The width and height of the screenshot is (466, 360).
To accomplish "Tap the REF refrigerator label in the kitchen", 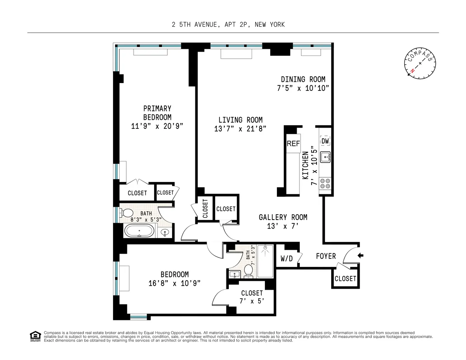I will [x=293, y=144].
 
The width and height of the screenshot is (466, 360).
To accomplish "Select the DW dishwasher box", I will [x=325, y=141].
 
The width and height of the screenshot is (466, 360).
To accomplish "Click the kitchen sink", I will [x=325, y=157].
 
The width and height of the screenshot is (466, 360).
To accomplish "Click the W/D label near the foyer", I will [x=287, y=258].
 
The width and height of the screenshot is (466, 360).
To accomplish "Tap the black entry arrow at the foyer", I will [x=360, y=255].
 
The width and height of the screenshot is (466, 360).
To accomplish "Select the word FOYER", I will [x=325, y=256].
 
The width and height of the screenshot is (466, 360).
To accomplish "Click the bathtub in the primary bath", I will [x=139, y=232].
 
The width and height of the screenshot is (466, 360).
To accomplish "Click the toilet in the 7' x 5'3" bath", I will [x=249, y=271].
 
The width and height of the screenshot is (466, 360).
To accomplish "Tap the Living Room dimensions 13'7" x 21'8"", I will [x=240, y=129].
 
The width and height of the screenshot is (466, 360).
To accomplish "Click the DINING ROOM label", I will [x=303, y=79].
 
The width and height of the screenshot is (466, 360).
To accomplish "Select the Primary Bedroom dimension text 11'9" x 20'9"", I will [x=157, y=126].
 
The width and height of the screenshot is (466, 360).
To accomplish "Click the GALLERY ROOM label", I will [x=283, y=217].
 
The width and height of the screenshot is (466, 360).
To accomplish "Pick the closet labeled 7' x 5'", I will [x=252, y=297].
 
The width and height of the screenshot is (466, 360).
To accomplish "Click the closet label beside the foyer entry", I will [x=345, y=279].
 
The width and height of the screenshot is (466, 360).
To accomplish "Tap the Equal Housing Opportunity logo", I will [x=35, y=336].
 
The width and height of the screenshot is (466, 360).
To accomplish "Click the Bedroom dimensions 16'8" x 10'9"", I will [x=174, y=283].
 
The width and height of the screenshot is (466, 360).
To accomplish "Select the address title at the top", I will [x=228, y=25].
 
